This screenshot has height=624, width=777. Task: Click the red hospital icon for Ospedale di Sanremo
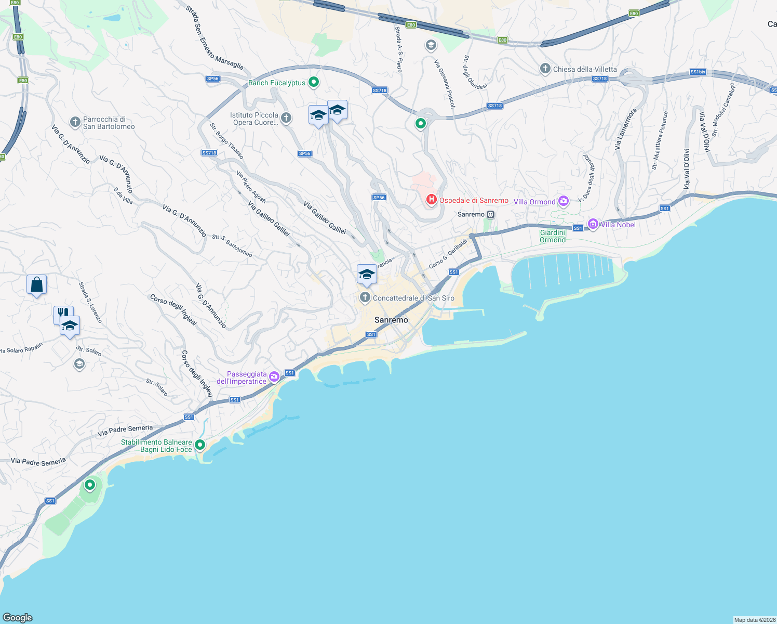(x=431, y=199)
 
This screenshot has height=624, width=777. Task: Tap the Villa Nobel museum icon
(x=593, y=224)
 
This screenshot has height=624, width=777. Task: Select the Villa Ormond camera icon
(x=564, y=201)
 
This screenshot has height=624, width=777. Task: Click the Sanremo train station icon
(x=490, y=214)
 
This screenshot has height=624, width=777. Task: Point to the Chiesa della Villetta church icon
(x=545, y=69)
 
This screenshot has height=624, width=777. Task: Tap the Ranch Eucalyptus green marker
(x=313, y=82)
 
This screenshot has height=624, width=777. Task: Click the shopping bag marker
(x=36, y=285)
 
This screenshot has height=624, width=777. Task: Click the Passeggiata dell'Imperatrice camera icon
(x=274, y=376)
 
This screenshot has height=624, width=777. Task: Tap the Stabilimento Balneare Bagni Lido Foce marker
(x=200, y=445)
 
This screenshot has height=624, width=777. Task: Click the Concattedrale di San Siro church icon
(x=365, y=297)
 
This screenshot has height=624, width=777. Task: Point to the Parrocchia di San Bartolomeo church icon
(x=75, y=122)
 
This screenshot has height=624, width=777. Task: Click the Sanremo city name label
(x=391, y=320)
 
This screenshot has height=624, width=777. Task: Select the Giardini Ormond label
(x=553, y=236)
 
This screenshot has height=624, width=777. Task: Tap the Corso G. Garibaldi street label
(x=448, y=254)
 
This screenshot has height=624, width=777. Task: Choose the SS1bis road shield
(x=698, y=72)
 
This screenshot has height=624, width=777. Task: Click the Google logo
(x=18, y=617)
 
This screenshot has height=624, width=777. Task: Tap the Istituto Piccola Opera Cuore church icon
(x=286, y=118)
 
